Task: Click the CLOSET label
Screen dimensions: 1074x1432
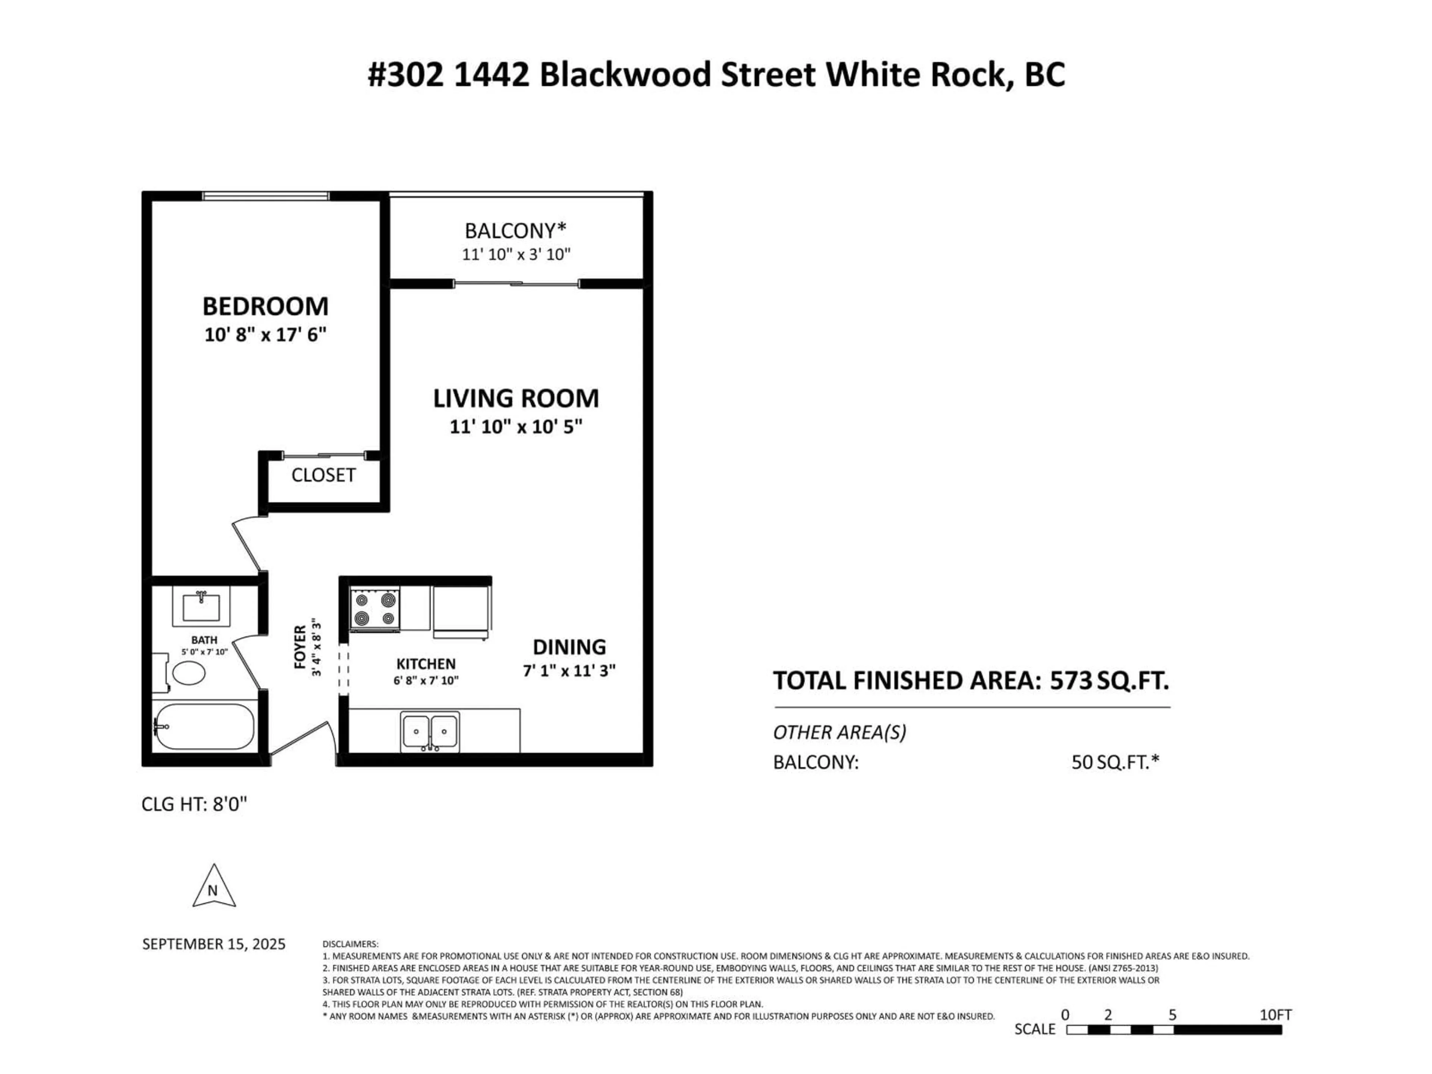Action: point(323,475)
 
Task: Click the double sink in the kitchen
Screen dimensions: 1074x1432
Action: point(430,732)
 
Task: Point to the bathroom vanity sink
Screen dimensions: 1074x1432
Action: point(201,607)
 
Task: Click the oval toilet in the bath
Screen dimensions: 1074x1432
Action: point(189,673)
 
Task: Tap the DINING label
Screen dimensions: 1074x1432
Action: point(569,647)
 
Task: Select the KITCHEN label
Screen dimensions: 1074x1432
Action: point(426,663)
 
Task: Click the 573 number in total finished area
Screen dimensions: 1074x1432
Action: point(1071,681)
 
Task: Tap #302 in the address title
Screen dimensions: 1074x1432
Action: point(406,75)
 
